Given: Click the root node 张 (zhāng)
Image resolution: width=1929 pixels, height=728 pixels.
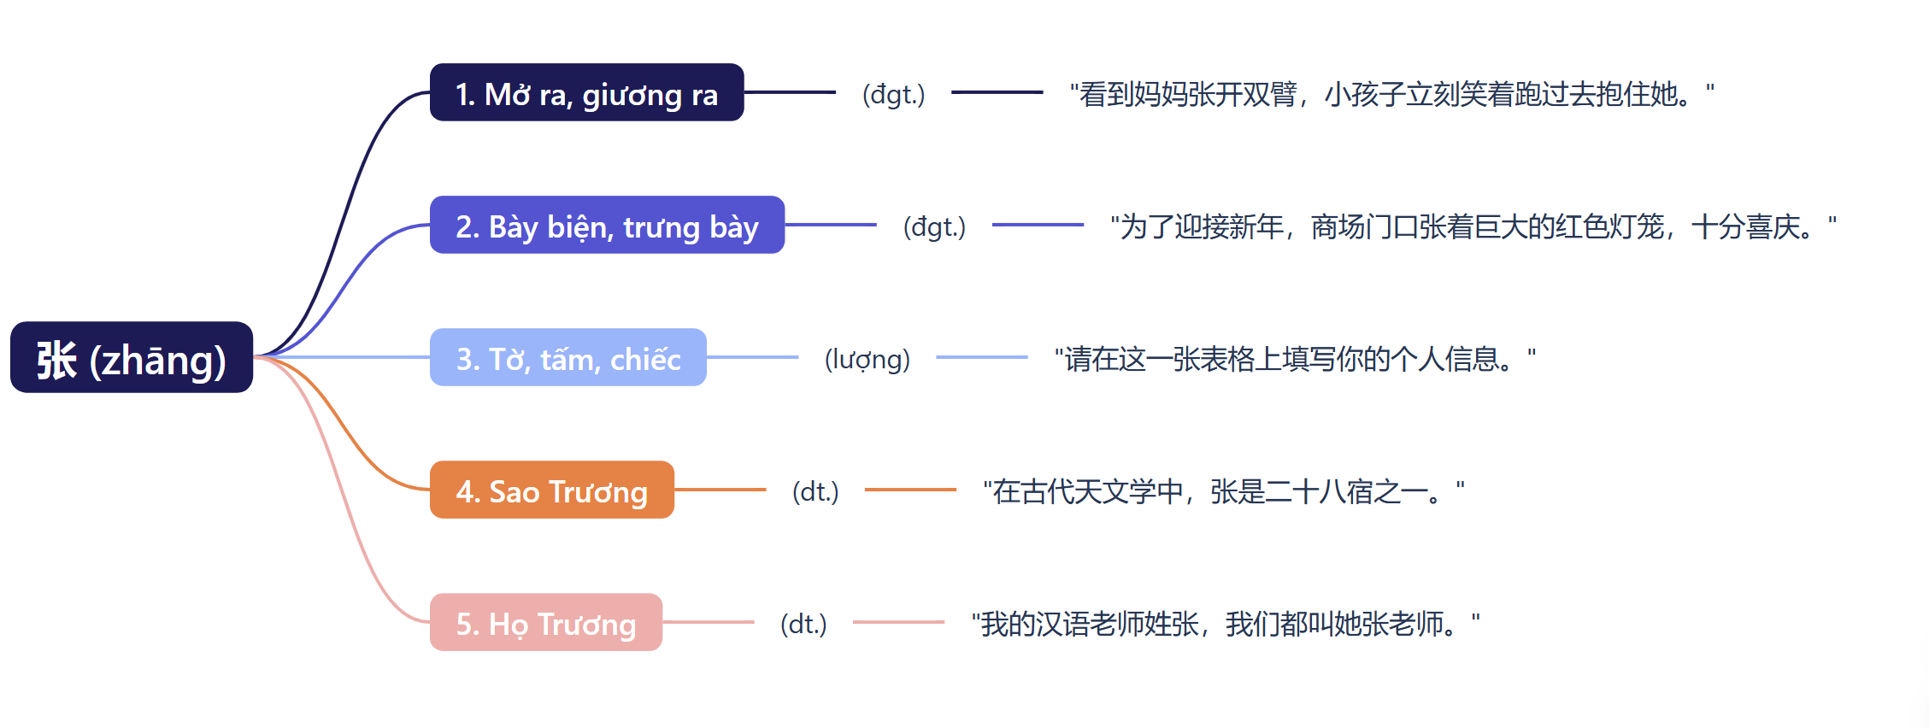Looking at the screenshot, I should [132, 358].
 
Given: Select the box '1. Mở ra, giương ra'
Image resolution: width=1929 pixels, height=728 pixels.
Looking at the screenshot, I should [586, 93].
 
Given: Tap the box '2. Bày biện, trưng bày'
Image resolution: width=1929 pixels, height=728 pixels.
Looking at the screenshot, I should [607, 226].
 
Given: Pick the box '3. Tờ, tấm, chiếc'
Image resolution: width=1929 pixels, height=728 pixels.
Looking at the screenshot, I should [568, 358].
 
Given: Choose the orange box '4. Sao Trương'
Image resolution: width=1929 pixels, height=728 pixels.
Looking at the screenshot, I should [551, 490].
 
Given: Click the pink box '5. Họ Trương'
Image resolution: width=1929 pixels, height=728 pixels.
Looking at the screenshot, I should [545, 623].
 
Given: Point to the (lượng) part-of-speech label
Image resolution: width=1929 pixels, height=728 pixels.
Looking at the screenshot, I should [867, 359].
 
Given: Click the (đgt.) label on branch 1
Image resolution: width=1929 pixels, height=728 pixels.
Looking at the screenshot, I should [893, 94].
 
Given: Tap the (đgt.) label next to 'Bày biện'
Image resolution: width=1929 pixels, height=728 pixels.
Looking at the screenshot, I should [934, 226].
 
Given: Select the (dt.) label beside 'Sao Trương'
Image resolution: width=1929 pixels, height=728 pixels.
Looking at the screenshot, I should [815, 491].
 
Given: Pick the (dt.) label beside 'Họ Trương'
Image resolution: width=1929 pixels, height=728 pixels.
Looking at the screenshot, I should [803, 624].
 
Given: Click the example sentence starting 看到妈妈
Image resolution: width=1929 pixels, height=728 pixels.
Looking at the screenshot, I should [1391, 94].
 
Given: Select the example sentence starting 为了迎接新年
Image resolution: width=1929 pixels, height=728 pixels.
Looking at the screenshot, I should [1473, 226].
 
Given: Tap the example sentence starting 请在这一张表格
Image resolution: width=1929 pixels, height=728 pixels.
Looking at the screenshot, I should [1295, 359].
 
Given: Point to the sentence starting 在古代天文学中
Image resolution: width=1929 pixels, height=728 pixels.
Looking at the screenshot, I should [1223, 491].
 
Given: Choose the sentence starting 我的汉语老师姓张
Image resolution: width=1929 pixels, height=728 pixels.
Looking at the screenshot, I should [1225, 624].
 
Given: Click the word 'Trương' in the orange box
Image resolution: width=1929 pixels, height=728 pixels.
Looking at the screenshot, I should [597, 492].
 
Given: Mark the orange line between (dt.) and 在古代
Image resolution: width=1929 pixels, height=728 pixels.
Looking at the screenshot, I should [910, 490].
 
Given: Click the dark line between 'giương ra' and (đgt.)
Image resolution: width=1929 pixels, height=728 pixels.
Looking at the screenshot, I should [790, 92].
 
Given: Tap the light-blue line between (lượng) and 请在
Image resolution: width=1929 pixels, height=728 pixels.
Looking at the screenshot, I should [981, 357].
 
